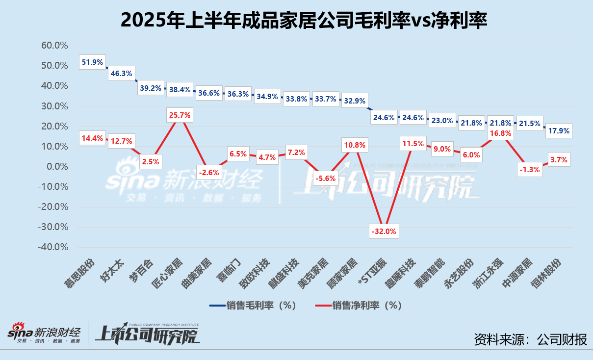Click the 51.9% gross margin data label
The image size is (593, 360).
pos(92,62)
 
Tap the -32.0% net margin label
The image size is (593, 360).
pos(384,231)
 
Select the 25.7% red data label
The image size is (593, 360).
pos(179,116)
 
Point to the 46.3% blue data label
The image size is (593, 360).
pos(121,74)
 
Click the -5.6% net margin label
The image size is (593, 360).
pos(325,179)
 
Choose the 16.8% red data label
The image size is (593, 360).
pos(499,133)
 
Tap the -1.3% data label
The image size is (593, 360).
pos(529,169)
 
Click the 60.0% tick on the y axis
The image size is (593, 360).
pos(54,46)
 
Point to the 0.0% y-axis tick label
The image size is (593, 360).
pos(56,167)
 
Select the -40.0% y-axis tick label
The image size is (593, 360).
pos(52,247)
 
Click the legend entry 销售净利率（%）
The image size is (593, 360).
pos(359,305)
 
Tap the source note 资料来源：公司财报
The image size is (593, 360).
pos(530,339)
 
